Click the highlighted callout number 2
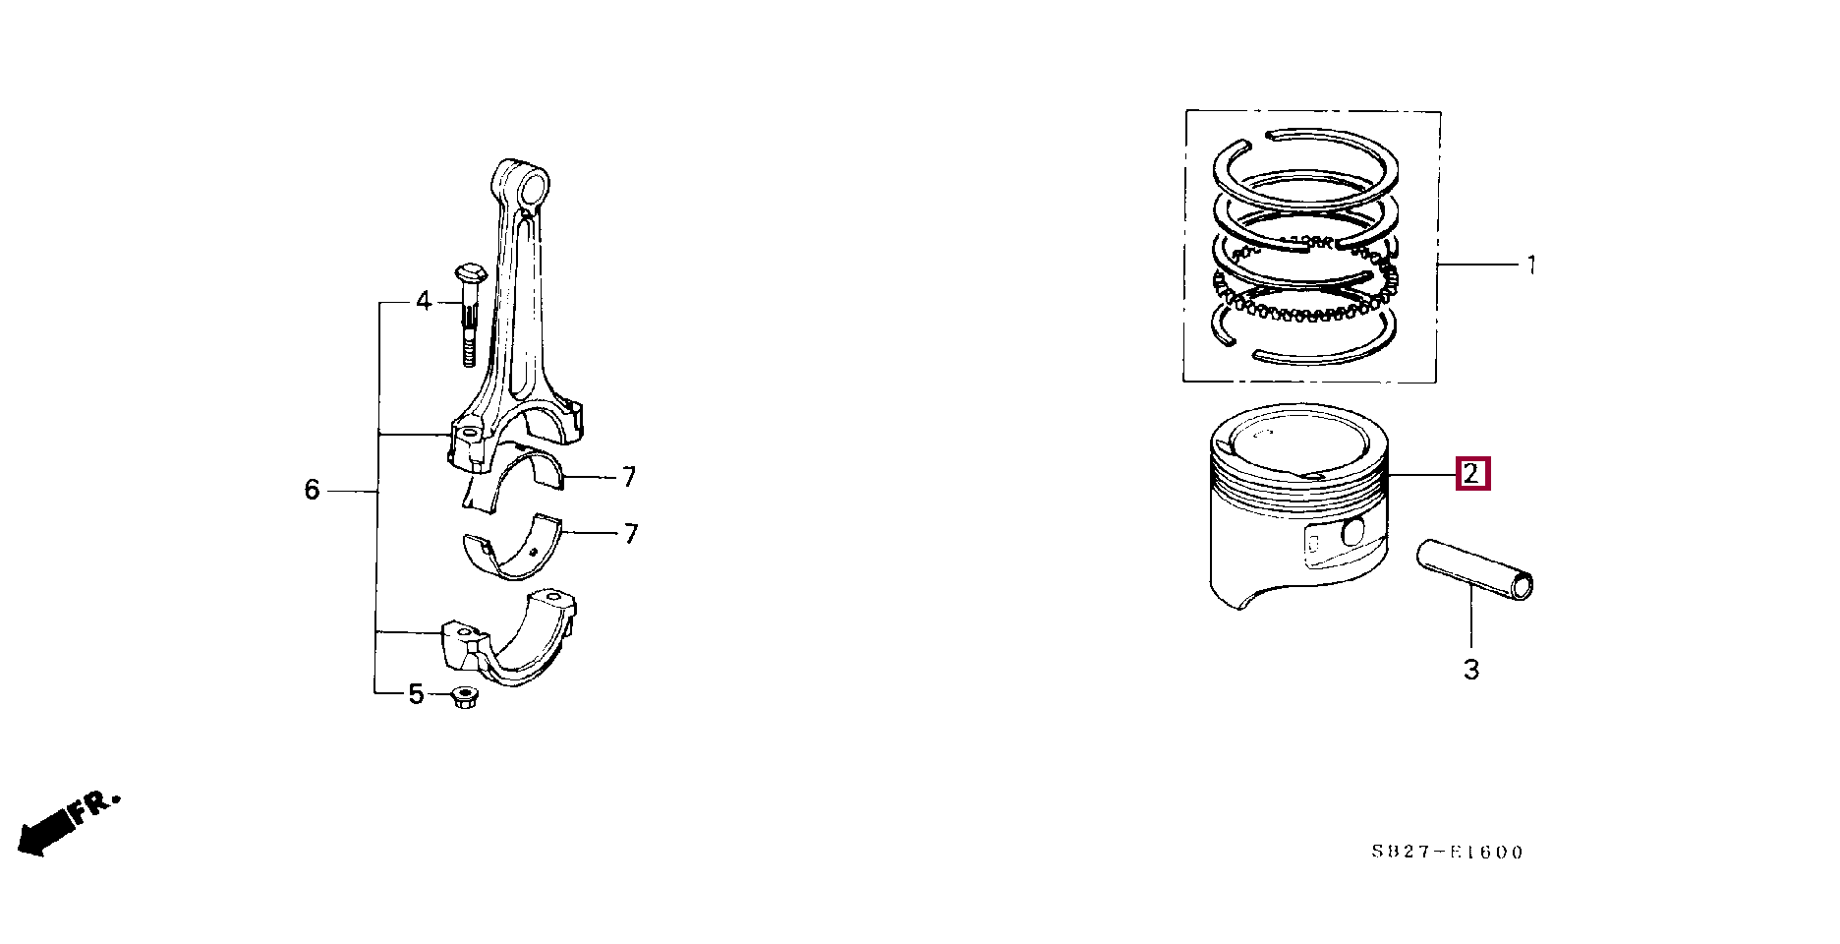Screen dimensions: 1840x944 click(x=1471, y=474)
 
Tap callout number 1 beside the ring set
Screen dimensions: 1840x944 click(x=1530, y=265)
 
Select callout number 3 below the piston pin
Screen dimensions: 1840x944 click(x=1471, y=670)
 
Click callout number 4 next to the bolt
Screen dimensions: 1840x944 click(x=424, y=301)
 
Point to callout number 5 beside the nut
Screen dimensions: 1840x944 click(x=416, y=695)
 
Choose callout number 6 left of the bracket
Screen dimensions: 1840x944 click(x=312, y=490)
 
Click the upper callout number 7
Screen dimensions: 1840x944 click(x=629, y=478)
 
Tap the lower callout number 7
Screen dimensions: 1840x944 click(x=631, y=534)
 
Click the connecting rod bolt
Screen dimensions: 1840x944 click(x=469, y=314)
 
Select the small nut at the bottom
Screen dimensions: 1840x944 click(x=465, y=698)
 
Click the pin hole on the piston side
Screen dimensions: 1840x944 click(x=1353, y=532)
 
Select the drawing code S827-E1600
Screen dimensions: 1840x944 click(x=1447, y=853)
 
